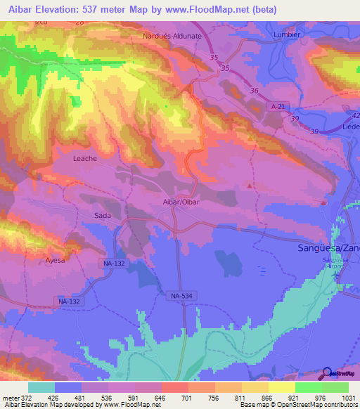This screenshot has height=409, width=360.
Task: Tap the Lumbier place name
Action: (287, 33)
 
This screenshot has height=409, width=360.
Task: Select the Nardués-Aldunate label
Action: (172, 35)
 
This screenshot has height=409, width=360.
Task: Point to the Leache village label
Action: (84, 159)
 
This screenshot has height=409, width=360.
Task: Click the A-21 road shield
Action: (278, 105)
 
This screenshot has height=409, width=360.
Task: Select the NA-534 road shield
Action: (182, 297)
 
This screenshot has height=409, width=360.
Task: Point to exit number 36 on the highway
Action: (254, 91)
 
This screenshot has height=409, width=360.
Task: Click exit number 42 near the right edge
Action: (355, 115)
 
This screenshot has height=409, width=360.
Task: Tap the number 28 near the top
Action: (79, 22)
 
